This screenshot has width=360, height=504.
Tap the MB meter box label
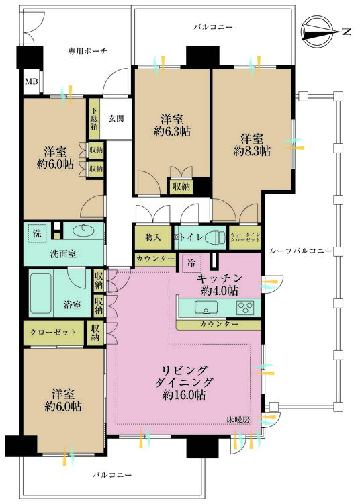32,82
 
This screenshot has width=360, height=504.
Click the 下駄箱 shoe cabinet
94,119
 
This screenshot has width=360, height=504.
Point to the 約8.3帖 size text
253,152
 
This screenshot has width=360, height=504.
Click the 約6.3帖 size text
172,132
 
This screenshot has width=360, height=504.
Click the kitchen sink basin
206,308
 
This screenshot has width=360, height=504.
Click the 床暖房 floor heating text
238,420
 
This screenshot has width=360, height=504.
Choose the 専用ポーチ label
87,50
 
